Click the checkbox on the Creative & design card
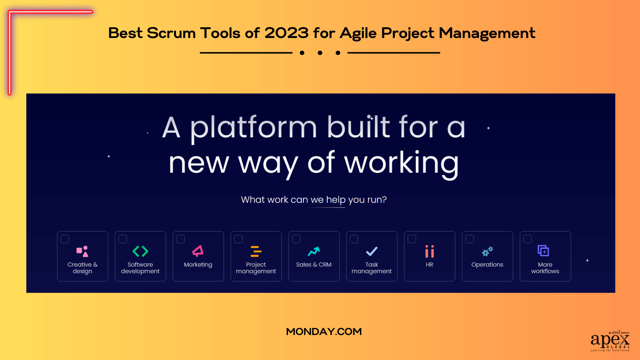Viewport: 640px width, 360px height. tap(65, 239)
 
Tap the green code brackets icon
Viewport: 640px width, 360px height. tap(140, 251)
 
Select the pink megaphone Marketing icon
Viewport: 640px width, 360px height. tap(198, 251)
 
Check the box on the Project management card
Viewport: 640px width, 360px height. tap(238, 239)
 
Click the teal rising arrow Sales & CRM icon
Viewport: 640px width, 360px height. tap(314, 251)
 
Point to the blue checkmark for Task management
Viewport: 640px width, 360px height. tap(372, 251)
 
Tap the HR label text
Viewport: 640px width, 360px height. tap(429, 265)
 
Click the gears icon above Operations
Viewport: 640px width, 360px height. tap(487, 251)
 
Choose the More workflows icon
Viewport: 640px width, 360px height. tap(543, 251)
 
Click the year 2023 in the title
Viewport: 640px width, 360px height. tap(287, 33)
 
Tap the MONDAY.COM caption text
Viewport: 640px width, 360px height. tap(324, 332)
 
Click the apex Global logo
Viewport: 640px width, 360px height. tap(610, 341)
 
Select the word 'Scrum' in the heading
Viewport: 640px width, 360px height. tap(171, 33)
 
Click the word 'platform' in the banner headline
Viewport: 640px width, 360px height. tap(253, 128)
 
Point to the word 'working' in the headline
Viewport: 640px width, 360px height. tap(401, 163)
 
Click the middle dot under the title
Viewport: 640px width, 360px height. tap(320, 53)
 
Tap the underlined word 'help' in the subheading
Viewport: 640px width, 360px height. tap(336, 200)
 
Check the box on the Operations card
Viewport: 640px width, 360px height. tap(470, 239)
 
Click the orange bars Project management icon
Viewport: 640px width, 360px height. tap(256, 251)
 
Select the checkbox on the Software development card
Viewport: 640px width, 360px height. tap(123, 239)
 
